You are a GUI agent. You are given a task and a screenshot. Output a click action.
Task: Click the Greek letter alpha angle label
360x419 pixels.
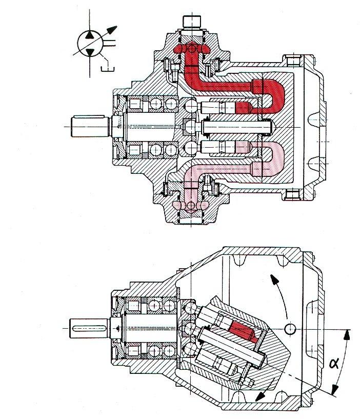tap(334, 363)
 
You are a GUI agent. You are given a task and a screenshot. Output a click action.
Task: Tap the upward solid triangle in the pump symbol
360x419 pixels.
tap(90, 35)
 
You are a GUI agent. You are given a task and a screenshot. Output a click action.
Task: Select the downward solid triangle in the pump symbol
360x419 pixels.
tap(90, 52)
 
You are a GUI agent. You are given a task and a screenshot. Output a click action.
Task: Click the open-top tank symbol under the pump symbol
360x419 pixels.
tap(108, 69)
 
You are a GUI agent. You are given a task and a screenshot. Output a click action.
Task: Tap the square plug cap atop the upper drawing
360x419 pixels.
tap(192, 22)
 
